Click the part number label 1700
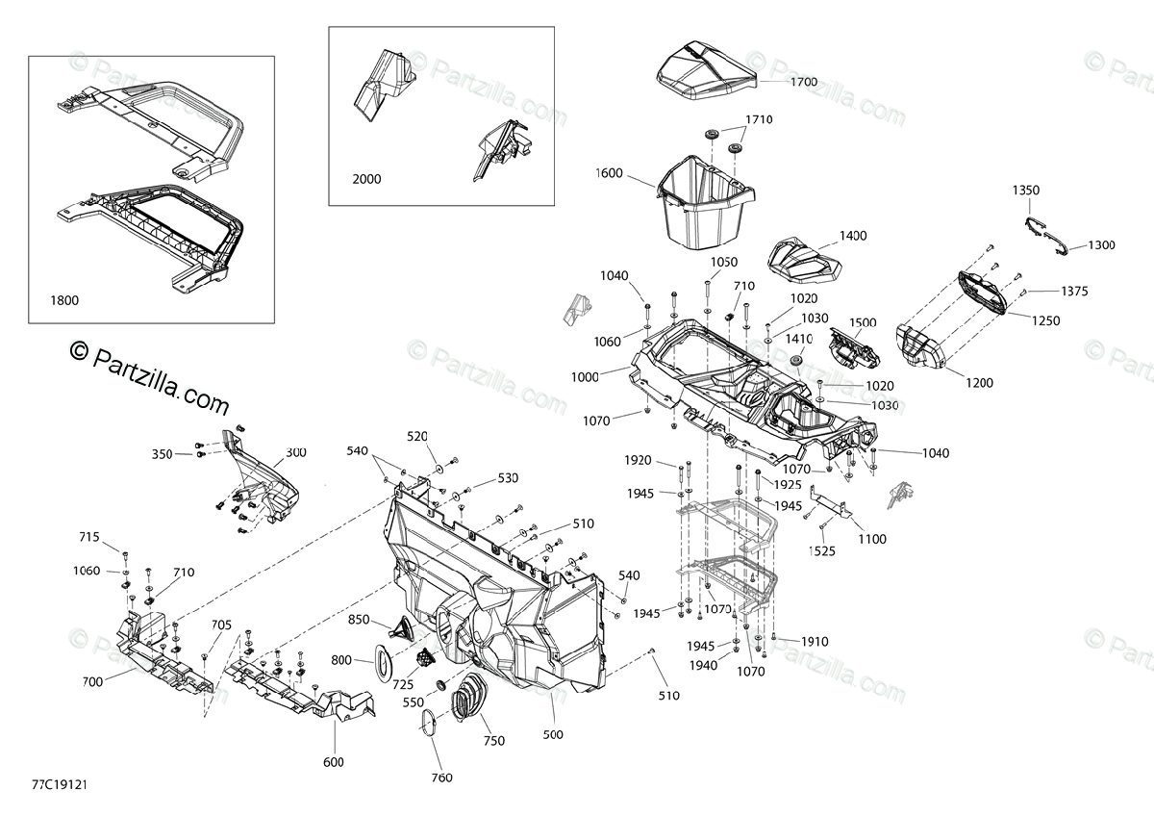tap(804, 82)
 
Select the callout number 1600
tap(609, 173)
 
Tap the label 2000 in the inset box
tap(366, 179)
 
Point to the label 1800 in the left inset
tap(65, 300)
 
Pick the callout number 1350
tap(1026, 191)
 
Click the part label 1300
tap(1102, 245)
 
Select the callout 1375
tap(1076, 291)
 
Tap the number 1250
tap(1046, 320)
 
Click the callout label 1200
tap(979, 383)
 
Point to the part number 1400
tap(853, 235)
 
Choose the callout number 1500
tap(863, 322)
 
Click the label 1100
tap(872, 539)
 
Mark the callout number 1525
tap(822, 551)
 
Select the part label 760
tap(441, 778)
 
